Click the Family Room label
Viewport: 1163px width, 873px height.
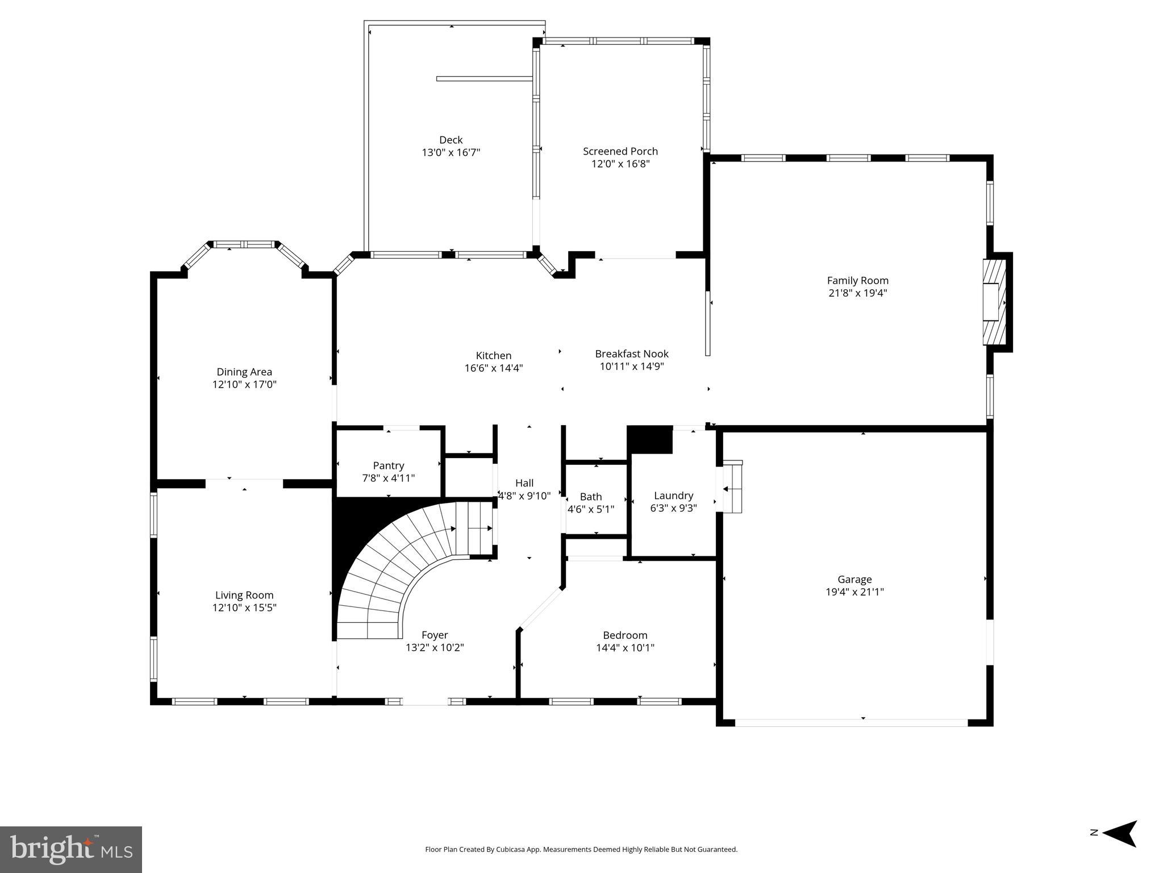857,280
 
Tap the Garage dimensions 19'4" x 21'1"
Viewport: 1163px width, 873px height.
854,592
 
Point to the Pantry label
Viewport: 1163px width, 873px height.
388,465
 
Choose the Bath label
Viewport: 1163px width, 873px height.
591,497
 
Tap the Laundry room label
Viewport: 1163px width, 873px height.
673,496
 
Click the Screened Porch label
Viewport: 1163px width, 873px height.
620,151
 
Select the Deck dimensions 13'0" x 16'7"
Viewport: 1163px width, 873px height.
451,152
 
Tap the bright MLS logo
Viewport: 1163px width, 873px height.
71,850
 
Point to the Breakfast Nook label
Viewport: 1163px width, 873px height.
632,354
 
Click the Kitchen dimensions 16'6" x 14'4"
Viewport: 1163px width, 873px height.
493,368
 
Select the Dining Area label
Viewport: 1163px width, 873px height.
244,372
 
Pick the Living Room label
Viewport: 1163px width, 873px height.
244,595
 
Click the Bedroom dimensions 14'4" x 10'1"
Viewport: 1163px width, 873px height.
625,647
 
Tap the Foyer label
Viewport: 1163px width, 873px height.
435,635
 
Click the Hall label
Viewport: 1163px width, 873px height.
524,483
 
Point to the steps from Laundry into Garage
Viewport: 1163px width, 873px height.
732,488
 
